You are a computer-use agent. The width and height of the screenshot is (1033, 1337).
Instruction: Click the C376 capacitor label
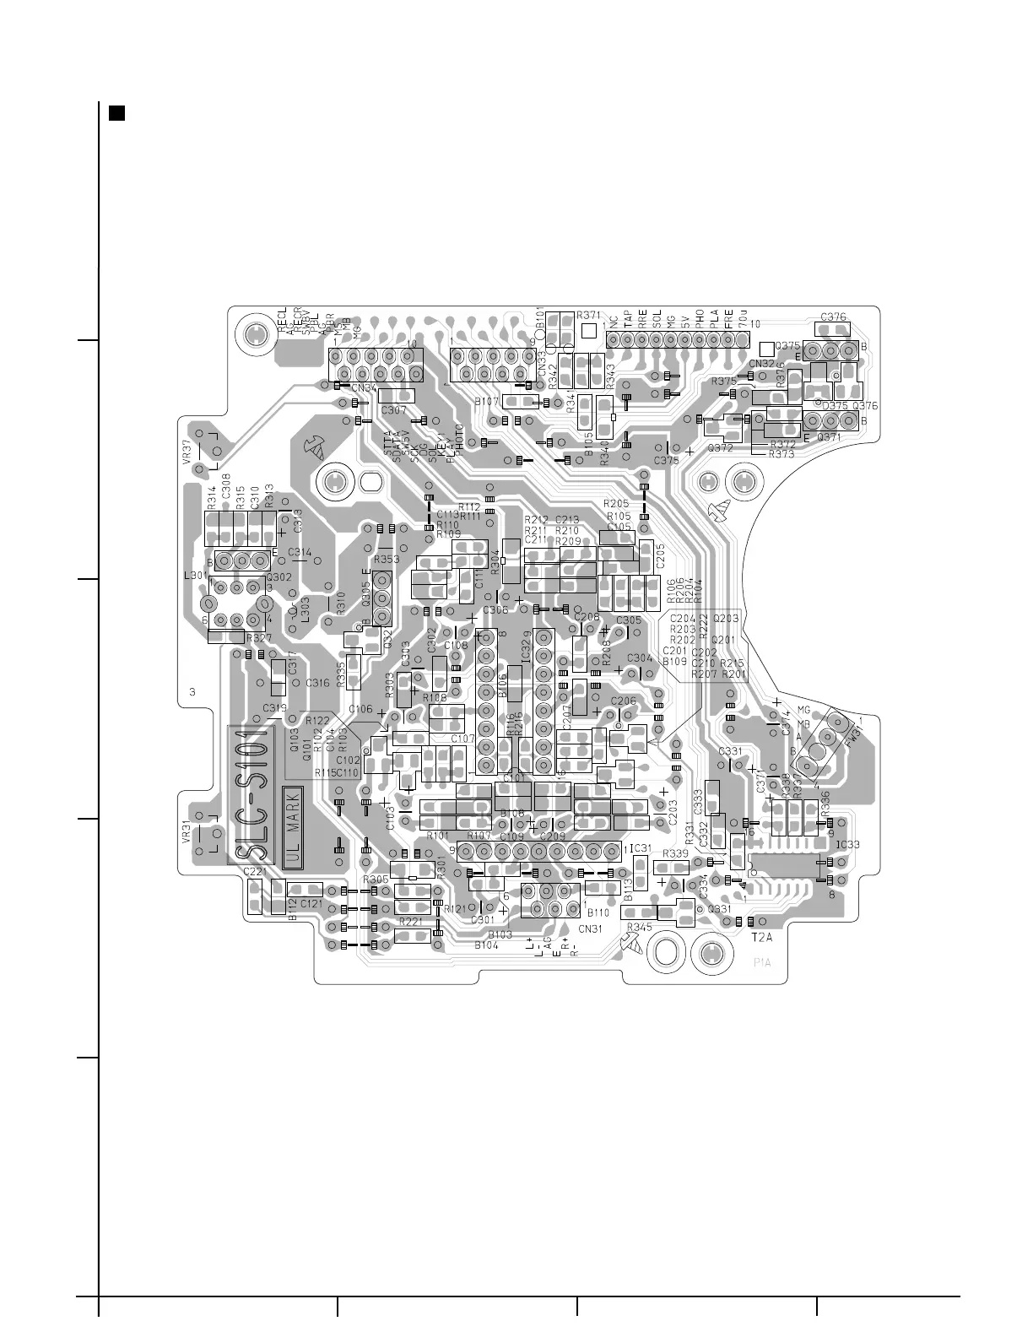pyautogui.click(x=832, y=317)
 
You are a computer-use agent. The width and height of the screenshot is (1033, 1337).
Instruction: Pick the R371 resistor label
pyautogui.click(x=588, y=315)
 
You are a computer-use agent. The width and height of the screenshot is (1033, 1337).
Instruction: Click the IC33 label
pyautogui.click(x=847, y=845)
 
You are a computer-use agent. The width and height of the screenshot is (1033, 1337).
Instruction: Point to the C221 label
pyautogui.click(x=255, y=872)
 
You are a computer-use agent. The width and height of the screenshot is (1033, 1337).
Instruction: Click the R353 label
pyautogui.click(x=386, y=559)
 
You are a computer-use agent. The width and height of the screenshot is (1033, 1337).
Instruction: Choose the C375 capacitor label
pyautogui.click(x=667, y=461)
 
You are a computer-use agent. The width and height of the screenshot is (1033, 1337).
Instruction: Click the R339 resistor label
pyautogui.click(x=675, y=853)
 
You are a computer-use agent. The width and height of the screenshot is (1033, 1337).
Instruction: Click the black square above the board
pyautogui.click(x=117, y=113)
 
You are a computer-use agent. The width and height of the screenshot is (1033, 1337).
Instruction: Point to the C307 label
pyautogui.click(x=394, y=411)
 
